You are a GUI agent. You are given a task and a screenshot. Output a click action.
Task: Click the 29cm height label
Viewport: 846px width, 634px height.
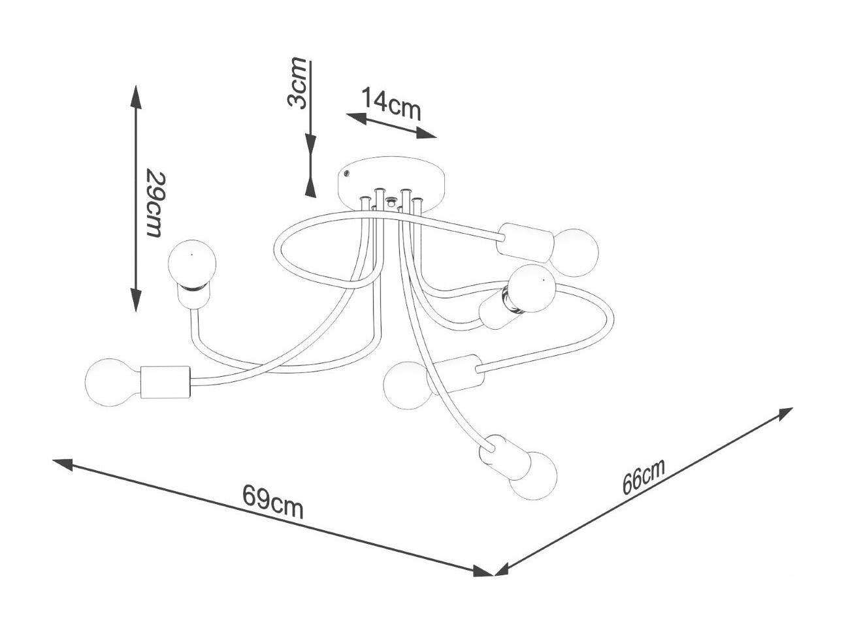coord(157,204)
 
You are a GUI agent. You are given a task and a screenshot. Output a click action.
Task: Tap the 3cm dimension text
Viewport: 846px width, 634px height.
coord(297,83)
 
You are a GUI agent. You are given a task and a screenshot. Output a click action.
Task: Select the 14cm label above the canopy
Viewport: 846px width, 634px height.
coord(391,104)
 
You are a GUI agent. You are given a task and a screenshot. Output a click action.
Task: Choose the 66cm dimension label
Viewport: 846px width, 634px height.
coord(643,476)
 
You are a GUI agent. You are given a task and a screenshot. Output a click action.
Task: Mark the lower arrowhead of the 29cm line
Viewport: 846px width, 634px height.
coord(136,300)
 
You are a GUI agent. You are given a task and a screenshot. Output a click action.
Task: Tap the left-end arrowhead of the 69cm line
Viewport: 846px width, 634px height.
coord(63,464)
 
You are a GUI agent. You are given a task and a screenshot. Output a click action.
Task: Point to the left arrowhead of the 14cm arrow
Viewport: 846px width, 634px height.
coord(356,118)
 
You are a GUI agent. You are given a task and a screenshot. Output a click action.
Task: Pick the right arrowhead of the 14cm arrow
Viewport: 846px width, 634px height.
coord(427,133)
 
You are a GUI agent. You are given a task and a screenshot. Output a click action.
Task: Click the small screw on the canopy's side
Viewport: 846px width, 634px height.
coord(346,174)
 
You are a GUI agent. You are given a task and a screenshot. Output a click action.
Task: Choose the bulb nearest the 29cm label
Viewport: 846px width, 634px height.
coord(192,264)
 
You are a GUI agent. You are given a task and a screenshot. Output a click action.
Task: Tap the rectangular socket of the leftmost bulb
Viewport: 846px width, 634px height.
coord(165,383)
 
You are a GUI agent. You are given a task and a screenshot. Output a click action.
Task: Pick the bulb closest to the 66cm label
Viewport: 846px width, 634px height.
coord(533,476)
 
